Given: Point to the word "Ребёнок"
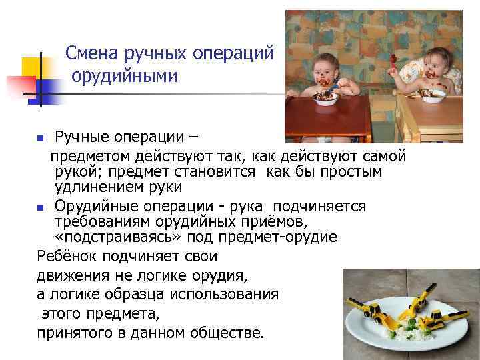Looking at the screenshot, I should tap(70, 257).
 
